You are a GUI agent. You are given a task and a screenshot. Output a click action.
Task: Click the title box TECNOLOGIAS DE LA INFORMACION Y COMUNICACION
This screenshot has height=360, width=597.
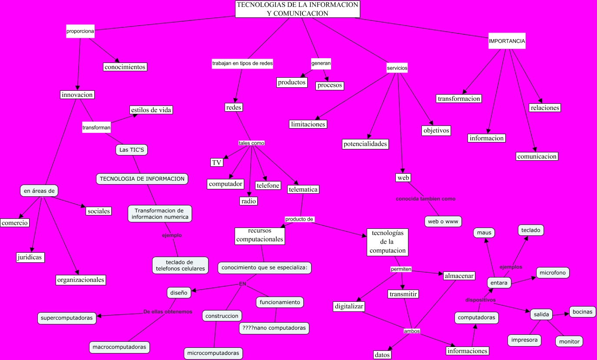(298, 9)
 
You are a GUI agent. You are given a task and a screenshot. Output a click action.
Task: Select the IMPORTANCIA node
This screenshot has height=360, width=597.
(507, 42)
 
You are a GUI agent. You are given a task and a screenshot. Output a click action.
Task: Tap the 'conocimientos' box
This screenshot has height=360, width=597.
(125, 67)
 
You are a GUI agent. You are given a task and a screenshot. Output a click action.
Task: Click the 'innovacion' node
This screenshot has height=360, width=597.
(77, 95)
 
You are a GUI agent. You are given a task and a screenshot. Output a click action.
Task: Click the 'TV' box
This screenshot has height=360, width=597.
(217, 162)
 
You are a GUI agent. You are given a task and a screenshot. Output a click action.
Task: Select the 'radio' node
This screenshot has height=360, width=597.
(249, 201)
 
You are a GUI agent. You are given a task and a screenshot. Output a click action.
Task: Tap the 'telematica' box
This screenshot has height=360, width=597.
(303, 189)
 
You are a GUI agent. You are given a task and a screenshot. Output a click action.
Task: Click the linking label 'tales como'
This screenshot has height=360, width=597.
(251, 143)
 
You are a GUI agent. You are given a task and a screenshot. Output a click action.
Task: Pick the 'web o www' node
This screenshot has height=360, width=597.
(443, 221)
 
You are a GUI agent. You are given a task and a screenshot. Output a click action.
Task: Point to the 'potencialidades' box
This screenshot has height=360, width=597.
(365, 144)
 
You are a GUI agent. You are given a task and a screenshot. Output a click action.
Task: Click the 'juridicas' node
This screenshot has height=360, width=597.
(30, 257)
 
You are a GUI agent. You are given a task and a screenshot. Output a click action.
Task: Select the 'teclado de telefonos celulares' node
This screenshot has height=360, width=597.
(179, 265)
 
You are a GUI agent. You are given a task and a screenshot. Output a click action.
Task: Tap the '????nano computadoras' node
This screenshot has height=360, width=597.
(274, 328)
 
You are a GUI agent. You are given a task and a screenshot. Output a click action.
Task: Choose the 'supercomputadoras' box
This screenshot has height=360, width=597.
(67, 318)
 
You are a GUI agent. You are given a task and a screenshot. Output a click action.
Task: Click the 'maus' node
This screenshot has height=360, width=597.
(484, 233)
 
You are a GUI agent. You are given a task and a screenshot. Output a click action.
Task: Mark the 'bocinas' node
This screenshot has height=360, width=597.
(582, 312)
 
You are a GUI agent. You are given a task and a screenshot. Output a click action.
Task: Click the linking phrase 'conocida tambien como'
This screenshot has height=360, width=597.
(425, 199)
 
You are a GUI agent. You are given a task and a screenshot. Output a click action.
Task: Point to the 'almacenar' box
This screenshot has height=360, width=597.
(459, 276)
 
